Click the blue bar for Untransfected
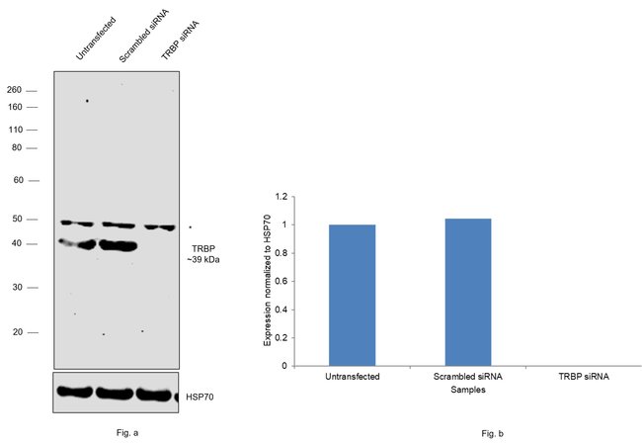tap(352, 295)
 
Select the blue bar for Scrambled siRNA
tap(467, 292)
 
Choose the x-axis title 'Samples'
tap(467, 390)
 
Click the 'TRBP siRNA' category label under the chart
tap(583, 377)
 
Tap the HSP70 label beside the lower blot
tap(200, 398)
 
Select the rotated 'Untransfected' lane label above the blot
tap(95, 38)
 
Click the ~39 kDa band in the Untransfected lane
tap(77, 243)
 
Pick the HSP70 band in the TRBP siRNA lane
tap(156, 394)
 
